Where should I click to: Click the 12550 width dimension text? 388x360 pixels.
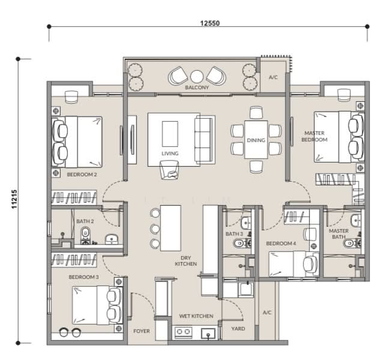click(210, 23)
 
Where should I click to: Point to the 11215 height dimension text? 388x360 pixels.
click(14, 199)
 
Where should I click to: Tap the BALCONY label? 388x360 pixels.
click(197, 88)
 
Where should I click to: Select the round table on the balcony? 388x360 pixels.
click(197, 77)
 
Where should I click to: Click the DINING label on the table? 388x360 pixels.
click(256, 140)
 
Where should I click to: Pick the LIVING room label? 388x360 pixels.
click(170, 154)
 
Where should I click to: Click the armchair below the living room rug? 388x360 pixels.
click(169, 170)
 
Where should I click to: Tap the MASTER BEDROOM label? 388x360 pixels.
click(314, 136)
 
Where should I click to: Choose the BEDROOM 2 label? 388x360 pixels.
click(82, 175)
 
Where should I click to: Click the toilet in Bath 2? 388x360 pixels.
click(86, 236)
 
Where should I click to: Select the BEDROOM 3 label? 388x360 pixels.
click(83, 277)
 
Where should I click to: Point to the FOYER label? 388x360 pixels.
click(142, 331)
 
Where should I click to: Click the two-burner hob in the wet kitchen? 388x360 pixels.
click(183, 332)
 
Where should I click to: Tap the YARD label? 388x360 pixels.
click(238, 329)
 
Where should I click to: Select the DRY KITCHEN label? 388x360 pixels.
click(186, 261)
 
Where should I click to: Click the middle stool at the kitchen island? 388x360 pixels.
click(155, 229)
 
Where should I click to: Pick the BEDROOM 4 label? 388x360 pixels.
click(281, 244)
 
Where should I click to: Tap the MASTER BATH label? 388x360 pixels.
click(339, 233)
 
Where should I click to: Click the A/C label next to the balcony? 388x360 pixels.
click(273, 77)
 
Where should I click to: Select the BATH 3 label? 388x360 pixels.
click(234, 233)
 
